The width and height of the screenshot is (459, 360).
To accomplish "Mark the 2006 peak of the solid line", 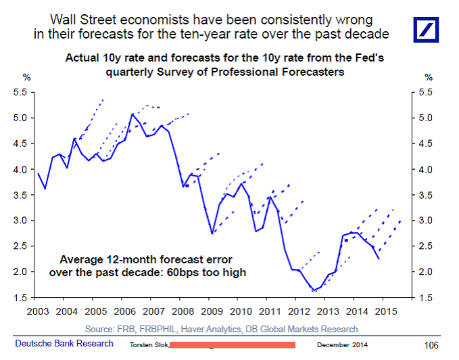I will pyautogui.click(x=132, y=114).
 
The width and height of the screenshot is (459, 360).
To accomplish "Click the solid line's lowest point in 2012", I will pyautogui.click(x=314, y=290).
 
